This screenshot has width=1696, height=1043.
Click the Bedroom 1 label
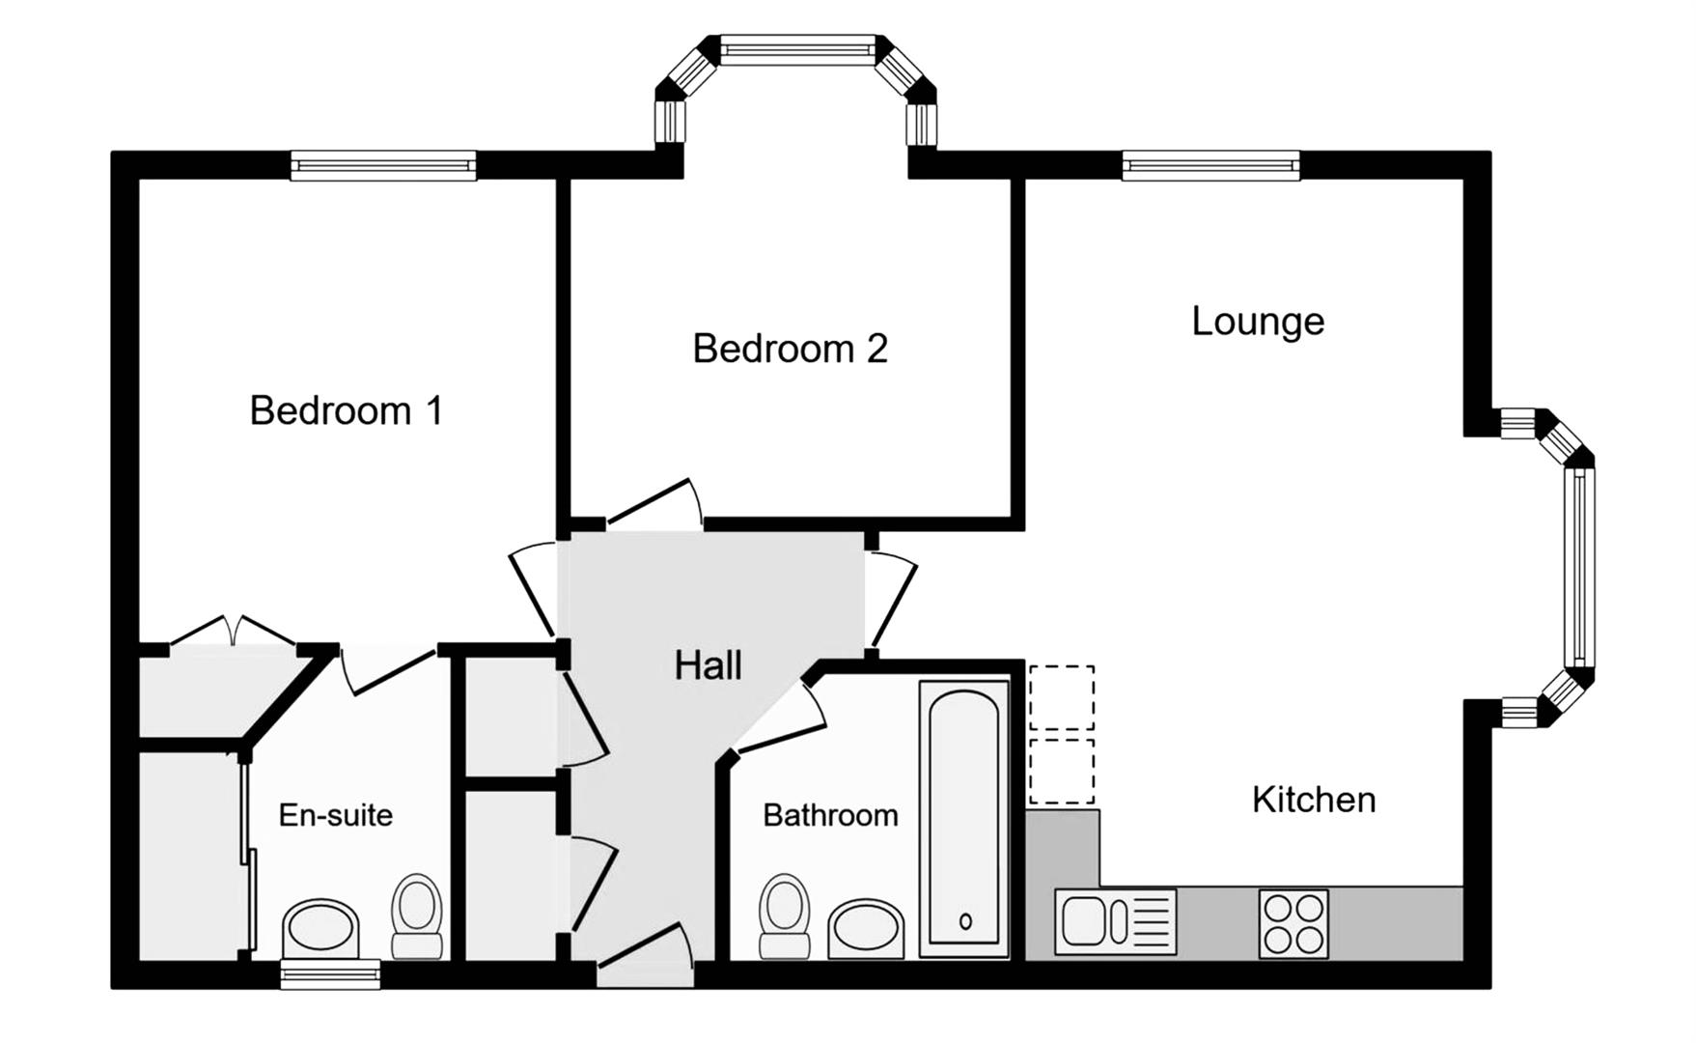346,411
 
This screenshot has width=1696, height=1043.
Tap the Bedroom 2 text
790,350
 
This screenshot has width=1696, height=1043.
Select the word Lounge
1257,322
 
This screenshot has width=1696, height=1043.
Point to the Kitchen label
1313,801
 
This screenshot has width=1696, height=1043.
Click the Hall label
708,666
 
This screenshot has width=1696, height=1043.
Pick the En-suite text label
335,816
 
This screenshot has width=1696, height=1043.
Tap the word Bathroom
830,816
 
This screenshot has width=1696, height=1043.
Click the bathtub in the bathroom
964,819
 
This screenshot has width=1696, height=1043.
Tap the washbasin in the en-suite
321,926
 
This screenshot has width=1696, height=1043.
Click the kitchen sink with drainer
1115,921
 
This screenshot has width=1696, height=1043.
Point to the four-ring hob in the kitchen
1293,923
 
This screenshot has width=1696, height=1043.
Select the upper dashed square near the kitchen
1062,697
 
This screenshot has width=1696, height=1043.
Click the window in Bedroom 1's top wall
383,166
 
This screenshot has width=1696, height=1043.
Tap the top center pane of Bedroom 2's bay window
797,49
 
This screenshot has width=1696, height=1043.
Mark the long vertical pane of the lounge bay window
1579,567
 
